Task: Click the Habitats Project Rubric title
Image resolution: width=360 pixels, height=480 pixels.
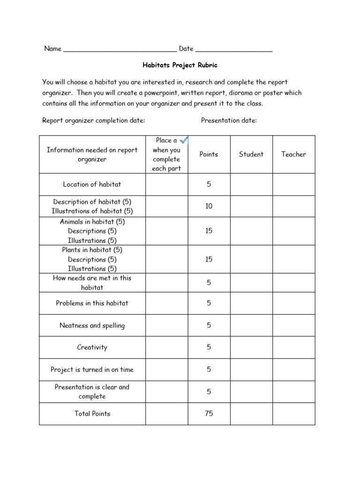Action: pyautogui.click(x=180, y=66)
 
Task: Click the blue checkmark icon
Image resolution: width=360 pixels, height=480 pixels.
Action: pyautogui.click(x=184, y=140)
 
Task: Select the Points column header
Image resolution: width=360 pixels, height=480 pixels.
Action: pyautogui.click(x=209, y=154)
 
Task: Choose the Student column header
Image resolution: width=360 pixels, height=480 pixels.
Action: pyautogui.click(x=251, y=154)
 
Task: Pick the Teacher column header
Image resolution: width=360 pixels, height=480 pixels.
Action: pyautogui.click(x=293, y=154)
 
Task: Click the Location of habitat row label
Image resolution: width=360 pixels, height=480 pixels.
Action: pyautogui.click(x=92, y=184)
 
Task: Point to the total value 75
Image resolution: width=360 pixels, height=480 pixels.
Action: pyautogui.click(x=209, y=413)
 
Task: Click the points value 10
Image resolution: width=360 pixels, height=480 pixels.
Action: pyautogui.click(x=209, y=206)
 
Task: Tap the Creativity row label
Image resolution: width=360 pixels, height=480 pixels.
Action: pyautogui.click(x=92, y=347)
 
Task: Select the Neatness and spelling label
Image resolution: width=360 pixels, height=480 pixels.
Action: pyautogui.click(x=92, y=325)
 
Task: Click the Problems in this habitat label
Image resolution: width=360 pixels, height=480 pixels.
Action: pyautogui.click(x=92, y=303)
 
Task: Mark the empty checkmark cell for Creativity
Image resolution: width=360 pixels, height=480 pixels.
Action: pyautogui.click(x=166, y=347)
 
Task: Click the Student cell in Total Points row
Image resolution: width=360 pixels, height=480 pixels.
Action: pyautogui.click(x=251, y=413)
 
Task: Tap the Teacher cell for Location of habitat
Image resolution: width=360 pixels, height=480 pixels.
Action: pyautogui.click(x=293, y=184)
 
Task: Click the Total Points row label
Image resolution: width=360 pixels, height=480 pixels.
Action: pyautogui.click(x=92, y=413)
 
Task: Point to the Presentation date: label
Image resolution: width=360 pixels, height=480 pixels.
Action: pyautogui.click(x=229, y=120)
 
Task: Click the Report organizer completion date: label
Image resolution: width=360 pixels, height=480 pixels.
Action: pyautogui.click(x=94, y=120)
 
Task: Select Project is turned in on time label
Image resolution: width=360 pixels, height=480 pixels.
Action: pyautogui.click(x=92, y=369)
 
